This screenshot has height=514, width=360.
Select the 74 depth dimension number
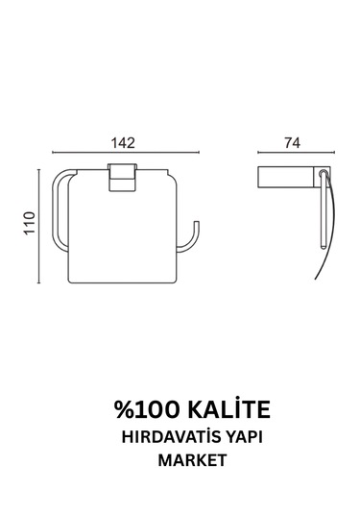293,142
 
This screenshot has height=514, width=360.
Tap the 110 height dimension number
29,227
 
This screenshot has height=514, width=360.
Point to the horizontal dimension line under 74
293,153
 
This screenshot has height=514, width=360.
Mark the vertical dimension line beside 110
39,227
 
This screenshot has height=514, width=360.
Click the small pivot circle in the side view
324,178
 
